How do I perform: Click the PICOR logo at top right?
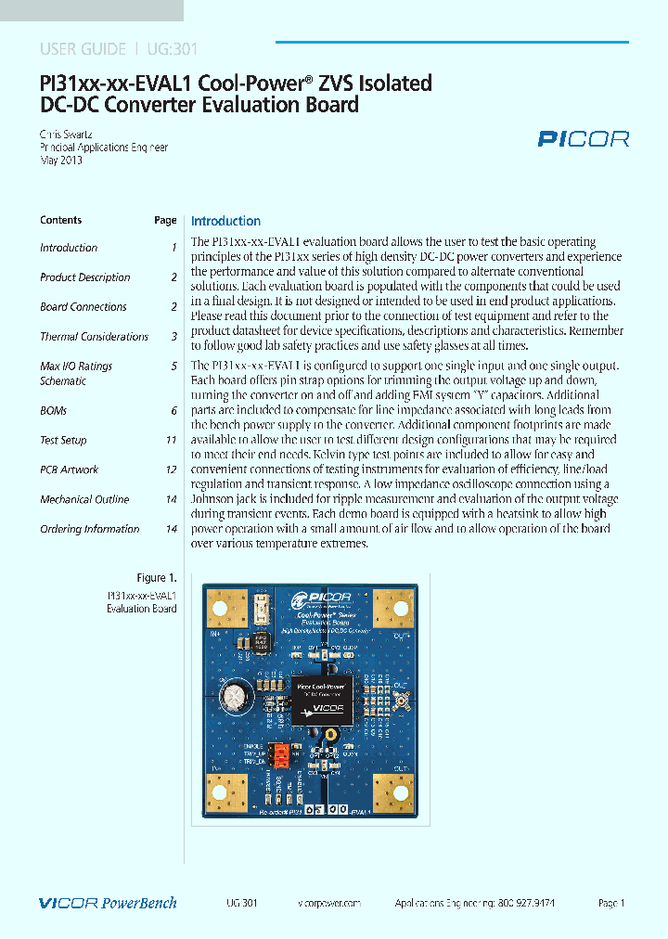(584, 139)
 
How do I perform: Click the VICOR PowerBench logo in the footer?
(108, 903)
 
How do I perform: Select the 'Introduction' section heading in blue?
(225, 221)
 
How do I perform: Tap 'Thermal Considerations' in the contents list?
(94, 337)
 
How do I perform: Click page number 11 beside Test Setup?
(171, 441)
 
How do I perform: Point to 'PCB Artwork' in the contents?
(69, 470)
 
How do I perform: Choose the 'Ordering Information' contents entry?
(89, 529)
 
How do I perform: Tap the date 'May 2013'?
(61, 160)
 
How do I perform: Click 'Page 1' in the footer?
(611, 903)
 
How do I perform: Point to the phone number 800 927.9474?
(524, 903)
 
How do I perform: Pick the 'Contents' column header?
(61, 221)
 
